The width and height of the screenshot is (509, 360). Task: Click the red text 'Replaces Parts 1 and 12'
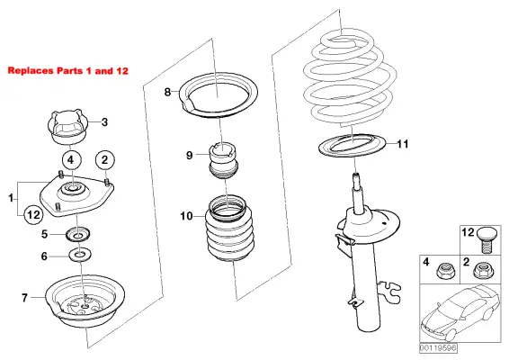67,69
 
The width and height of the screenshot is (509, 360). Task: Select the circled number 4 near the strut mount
74,161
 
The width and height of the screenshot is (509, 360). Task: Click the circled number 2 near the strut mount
106,160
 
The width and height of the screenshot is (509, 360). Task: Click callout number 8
167,92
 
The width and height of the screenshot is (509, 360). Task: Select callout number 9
190,155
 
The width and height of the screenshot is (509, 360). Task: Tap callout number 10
186,216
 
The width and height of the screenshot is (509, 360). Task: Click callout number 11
403,144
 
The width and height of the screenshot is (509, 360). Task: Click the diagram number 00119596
438,348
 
